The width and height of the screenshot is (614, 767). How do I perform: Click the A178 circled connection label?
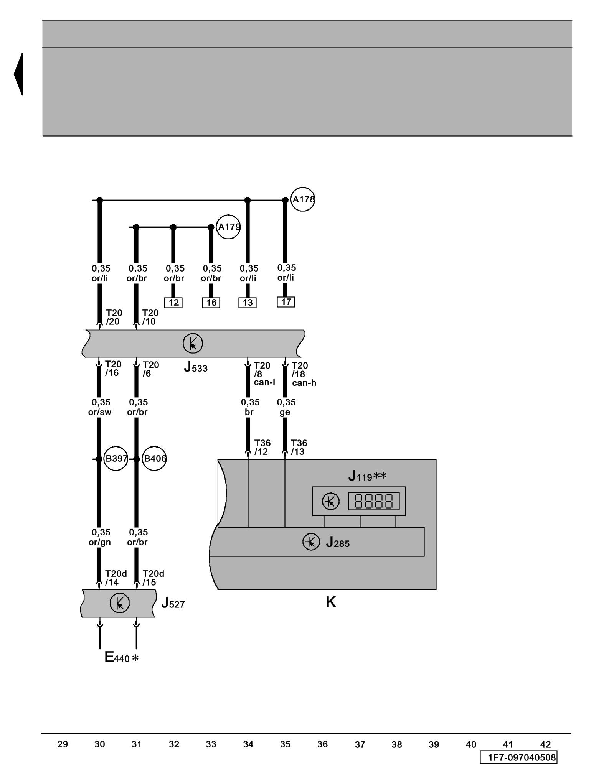coord(303,199)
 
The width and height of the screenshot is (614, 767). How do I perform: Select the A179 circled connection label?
coord(228,227)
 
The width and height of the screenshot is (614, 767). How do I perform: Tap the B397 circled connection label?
coord(116,459)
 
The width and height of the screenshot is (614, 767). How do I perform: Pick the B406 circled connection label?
coord(154,459)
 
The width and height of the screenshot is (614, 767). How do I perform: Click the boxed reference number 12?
coord(173,303)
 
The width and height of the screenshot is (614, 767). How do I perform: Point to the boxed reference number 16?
coord(211,303)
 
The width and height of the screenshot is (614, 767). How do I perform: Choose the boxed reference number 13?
coord(248,303)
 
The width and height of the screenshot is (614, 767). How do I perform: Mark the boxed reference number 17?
coord(286,302)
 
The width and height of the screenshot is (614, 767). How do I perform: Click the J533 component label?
coord(195,367)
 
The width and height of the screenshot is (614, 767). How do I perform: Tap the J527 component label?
coord(173,603)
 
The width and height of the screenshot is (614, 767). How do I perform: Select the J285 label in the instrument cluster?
coord(337,542)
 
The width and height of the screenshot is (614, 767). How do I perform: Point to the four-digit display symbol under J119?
coord(374,501)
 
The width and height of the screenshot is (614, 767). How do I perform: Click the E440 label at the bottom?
coord(121,657)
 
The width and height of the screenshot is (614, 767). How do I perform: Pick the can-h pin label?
coord(304,383)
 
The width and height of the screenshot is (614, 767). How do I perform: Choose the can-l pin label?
coord(264,382)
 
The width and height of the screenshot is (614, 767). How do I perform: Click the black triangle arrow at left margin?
coord(19,74)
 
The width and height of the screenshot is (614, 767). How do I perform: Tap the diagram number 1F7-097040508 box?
coord(518,757)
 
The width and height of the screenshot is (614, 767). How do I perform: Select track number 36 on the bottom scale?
coord(322,744)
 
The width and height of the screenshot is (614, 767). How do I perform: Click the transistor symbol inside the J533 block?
coord(193,344)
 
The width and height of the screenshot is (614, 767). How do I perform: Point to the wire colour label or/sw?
coord(100,412)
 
